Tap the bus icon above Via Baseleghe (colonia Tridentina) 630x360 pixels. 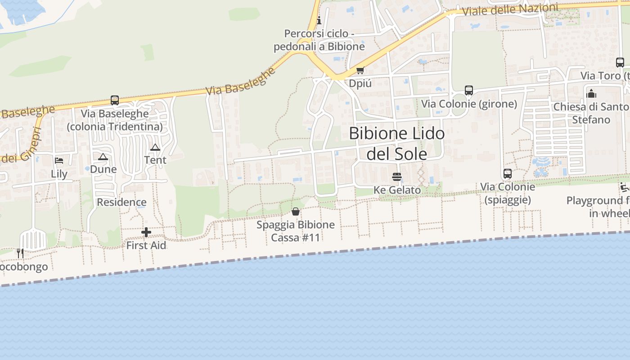(x=115, y=100)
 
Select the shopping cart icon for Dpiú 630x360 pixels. (x=360, y=71)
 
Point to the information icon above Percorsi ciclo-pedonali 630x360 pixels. (x=319, y=20)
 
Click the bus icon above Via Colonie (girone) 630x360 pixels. (x=469, y=90)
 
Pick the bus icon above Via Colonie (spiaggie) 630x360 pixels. (x=508, y=173)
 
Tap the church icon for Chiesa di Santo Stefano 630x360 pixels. (x=591, y=94)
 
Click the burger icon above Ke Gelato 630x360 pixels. (x=396, y=176)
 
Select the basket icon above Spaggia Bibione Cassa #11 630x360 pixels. (x=296, y=211)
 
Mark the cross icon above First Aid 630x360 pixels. (x=146, y=232)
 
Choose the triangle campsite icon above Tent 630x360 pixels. (x=155, y=147)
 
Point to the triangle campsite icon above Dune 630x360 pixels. (x=103, y=157)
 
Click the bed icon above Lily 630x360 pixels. (x=59, y=161)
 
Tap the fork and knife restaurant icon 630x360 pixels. (x=20, y=253)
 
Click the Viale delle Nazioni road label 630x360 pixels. (x=509, y=9)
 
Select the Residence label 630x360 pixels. (x=121, y=202)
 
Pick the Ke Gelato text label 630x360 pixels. (x=397, y=190)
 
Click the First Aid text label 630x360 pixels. (x=146, y=245)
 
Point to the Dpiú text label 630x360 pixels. (x=360, y=83)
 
